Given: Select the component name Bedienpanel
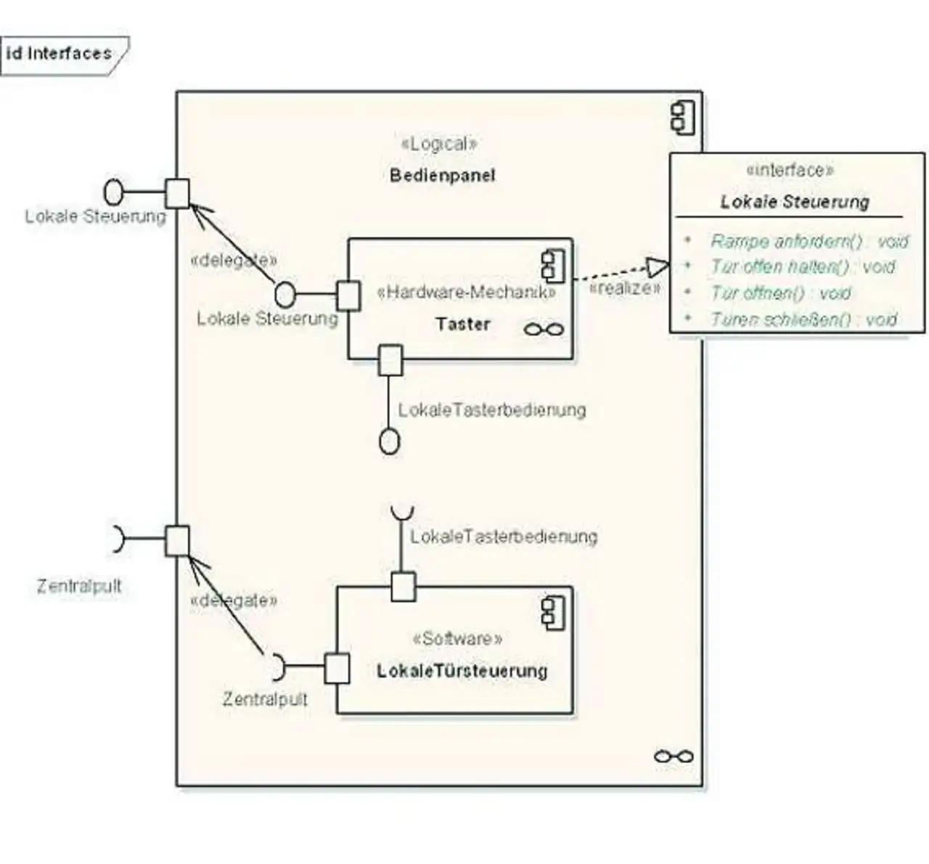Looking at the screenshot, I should tap(442, 175).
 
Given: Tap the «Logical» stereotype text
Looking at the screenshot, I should tap(439, 144).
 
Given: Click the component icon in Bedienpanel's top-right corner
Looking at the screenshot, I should tap(682, 118).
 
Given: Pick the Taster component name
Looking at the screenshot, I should tap(463, 324).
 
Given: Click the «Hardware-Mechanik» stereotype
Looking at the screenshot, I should tap(466, 292).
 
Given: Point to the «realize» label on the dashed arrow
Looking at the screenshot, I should tap(625, 288).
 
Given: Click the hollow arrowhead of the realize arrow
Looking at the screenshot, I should tap(658, 267).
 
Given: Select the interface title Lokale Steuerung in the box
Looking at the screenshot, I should tap(795, 202).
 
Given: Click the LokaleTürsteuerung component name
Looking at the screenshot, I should tap(462, 670).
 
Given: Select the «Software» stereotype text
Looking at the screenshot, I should tap(457, 639).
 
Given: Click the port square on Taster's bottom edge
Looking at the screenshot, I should tap(390, 360).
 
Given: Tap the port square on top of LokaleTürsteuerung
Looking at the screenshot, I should tap(404, 586).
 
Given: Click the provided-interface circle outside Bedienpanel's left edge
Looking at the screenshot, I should tap(114, 192).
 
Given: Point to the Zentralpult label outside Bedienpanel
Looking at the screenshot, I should tap(79, 586).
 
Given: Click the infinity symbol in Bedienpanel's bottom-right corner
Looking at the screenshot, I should tap(674, 757).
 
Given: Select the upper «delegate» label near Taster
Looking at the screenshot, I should tap(233, 260).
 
